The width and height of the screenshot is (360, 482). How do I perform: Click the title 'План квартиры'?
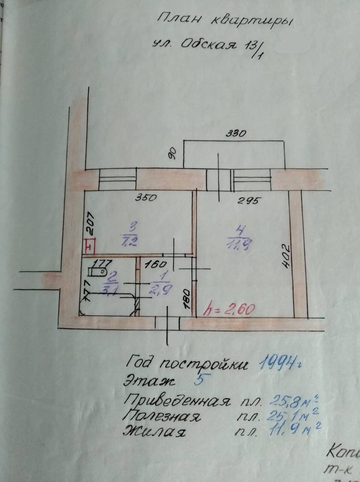tap(224, 20)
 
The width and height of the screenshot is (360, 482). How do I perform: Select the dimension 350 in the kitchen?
tap(145, 197)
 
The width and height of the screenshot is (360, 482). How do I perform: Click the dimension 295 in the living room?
tap(249, 201)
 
